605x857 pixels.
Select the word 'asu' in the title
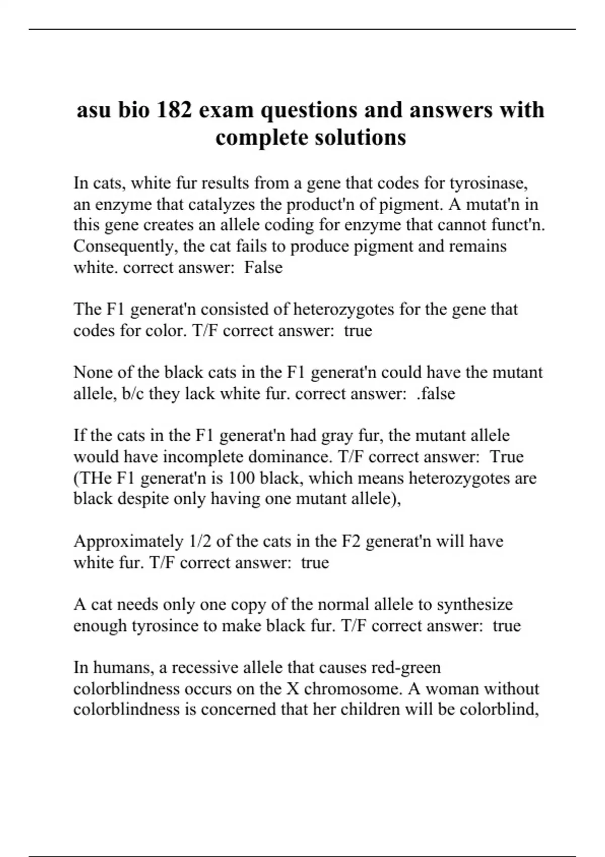tap(93, 110)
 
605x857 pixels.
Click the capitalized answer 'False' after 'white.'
tap(263, 267)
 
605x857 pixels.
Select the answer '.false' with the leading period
tap(436, 393)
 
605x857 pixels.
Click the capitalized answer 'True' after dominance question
tap(507, 456)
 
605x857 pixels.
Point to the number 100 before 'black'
tap(241, 477)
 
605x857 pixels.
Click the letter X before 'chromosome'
tap(293, 689)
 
